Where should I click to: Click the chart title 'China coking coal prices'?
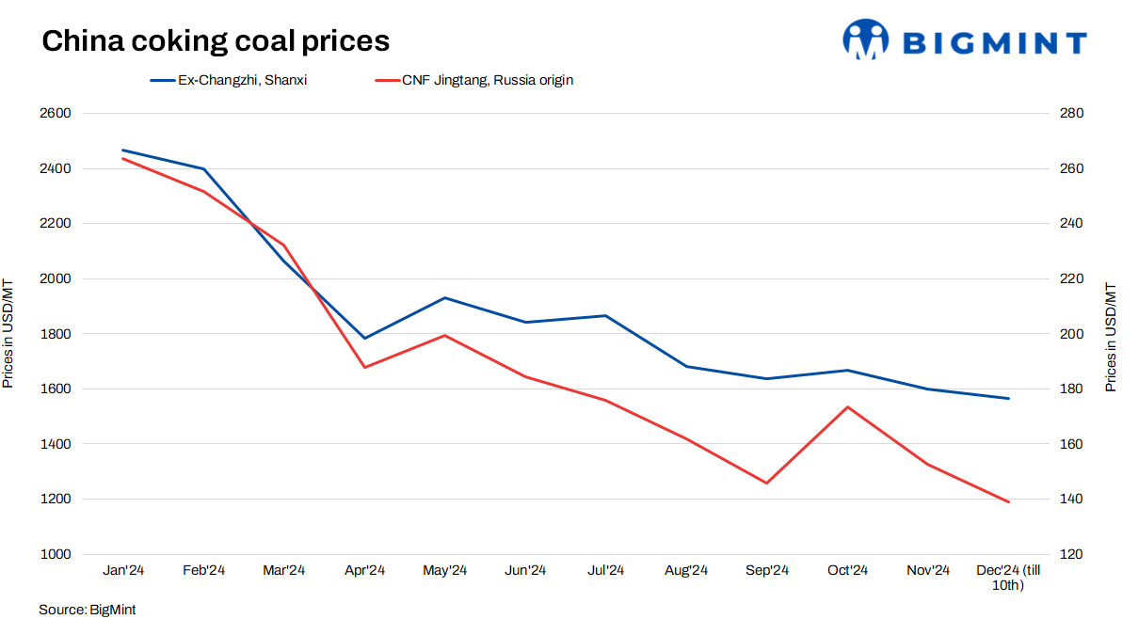216,40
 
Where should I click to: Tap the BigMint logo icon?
865,40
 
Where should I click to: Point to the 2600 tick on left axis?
56,114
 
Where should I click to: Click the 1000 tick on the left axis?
56,554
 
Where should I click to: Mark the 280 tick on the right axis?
1072,114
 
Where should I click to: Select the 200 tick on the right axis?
1072,334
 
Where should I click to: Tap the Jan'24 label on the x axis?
123,570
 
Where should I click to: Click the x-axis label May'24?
445,570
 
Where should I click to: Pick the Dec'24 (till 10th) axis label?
1008,578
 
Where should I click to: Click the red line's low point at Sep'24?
766,484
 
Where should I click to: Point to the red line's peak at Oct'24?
847,407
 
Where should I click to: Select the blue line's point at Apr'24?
364,338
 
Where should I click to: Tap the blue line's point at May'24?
445,298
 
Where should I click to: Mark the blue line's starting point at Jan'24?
123,150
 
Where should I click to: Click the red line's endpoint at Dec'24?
1008,501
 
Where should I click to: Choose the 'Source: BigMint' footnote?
88,610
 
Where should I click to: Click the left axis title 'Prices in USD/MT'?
8,334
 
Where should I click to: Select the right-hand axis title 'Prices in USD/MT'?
1111,337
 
